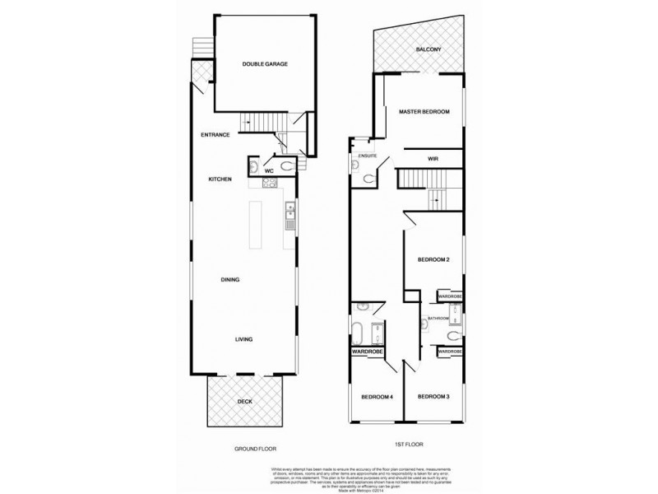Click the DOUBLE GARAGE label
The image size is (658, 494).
(x=264, y=63)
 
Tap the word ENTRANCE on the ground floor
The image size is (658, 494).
(x=214, y=134)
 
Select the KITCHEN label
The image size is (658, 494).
(x=220, y=179)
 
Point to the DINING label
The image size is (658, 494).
(x=230, y=280)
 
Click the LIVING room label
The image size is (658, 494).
(x=243, y=339)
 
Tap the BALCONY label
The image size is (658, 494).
(x=428, y=49)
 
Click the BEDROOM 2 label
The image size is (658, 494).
(x=433, y=260)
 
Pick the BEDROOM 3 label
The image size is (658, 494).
(x=433, y=398)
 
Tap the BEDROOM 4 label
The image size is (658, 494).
(x=378, y=398)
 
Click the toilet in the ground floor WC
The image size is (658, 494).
(x=285, y=167)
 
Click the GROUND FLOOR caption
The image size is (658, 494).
(x=254, y=449)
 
